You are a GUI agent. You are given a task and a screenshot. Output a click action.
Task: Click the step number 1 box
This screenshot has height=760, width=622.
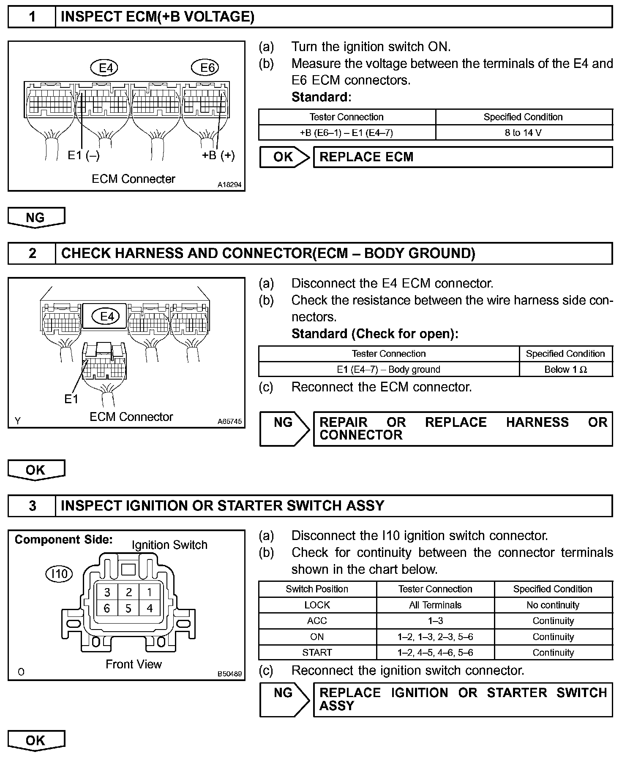coord(32,17)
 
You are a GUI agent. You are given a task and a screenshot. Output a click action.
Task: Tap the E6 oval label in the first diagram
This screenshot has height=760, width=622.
coord(207,68)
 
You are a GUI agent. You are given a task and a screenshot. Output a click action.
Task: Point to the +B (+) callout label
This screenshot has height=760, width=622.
coord(218,155)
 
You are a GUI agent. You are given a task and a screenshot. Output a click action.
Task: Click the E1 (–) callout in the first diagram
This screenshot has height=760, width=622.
coord(84,155)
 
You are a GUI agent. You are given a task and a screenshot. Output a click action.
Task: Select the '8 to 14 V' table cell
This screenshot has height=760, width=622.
coord(523,133)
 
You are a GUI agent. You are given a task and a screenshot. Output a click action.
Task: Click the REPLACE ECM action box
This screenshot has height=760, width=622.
coord(462,157)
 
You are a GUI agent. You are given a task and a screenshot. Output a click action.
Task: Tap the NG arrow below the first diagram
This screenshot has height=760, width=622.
coord(36,217)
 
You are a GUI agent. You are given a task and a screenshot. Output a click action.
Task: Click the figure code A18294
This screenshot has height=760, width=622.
coord(230,185)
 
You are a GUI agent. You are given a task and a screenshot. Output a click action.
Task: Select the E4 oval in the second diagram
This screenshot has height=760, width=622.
coord(106,316)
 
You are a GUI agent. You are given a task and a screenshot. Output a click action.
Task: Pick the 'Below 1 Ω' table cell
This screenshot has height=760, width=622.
coord(565,370)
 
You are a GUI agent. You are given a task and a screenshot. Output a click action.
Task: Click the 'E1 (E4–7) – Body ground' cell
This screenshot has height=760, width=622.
coord(388,370)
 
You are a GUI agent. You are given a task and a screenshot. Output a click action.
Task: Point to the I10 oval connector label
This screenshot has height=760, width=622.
coord(59,574)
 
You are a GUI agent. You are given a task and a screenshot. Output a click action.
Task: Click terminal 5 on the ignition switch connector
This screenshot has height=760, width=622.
coord(128,608)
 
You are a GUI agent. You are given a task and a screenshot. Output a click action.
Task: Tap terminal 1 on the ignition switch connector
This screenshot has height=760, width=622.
coord(149,592)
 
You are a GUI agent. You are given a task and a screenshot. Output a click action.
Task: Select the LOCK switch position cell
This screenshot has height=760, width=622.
coord(317,605)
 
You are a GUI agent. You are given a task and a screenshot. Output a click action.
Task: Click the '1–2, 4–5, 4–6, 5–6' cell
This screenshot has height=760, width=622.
coord(435,653)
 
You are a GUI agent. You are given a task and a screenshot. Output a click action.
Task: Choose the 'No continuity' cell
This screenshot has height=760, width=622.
coord(553,605)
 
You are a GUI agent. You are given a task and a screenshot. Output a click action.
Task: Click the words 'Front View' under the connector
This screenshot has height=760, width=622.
coord(134,664)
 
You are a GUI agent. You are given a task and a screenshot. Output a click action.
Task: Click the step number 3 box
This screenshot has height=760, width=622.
coord(32,506)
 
